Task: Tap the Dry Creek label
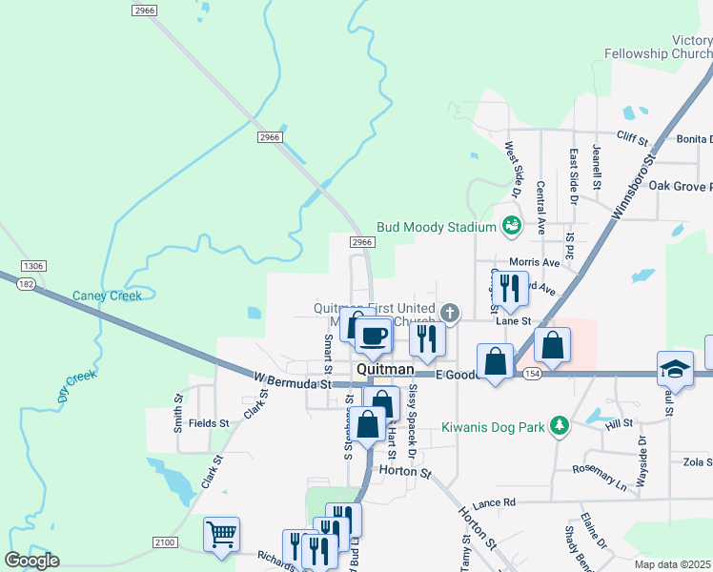[x=77, y=386]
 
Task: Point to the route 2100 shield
[x=164, y=542]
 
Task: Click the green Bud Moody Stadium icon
[x=512, y=227]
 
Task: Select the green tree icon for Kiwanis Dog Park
[x=561, y=425]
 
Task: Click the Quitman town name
[x=384, y=369]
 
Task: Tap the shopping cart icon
[x=221, y=534]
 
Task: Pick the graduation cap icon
[x=674, y=368]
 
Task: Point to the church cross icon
[x=449, y=312]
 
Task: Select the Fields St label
[x=209, y=422]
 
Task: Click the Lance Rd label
[x=493, y=501]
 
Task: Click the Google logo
[x=31, y=561]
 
